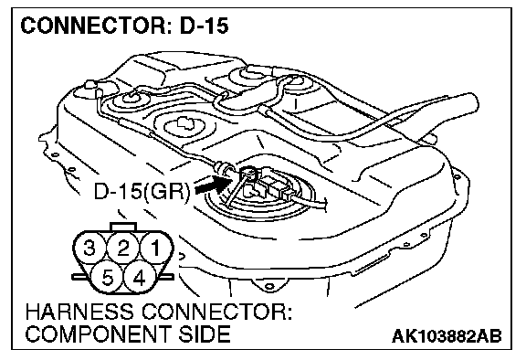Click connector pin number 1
coord(156,249)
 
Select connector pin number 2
coord(123,249)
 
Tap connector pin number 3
coord(89,249)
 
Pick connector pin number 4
coord(140,278)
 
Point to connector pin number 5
coord(107,278)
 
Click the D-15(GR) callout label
coord(142,192)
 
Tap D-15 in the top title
coord(204,26)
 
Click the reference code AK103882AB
coord(447,336)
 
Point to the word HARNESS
coord(79,312)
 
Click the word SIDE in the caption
coord(204,334)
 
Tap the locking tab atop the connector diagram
coord(123,227)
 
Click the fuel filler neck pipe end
coord(467,105)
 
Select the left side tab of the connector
coord(79,277)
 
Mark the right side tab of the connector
coord(167,277)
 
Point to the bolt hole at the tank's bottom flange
coord(268,286)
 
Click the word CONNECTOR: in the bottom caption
coord(216,312)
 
